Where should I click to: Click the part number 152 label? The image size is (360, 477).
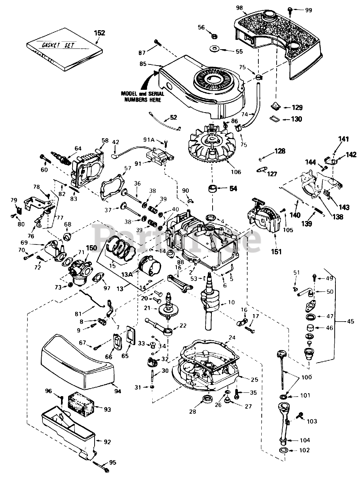[99, 33]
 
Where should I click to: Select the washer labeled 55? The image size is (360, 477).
[215, 49]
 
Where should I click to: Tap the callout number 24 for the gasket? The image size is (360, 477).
[232, 338]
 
